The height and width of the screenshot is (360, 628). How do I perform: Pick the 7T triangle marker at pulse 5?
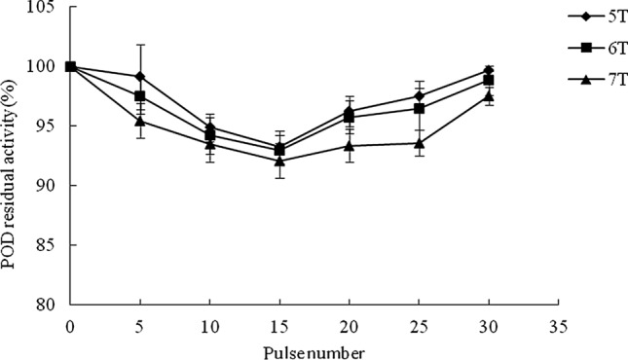point(140,121)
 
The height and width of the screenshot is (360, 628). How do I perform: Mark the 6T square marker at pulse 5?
point(140,96)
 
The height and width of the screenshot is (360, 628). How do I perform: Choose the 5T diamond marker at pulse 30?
point(488,70)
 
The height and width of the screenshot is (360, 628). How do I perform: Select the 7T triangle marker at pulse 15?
point(279,161)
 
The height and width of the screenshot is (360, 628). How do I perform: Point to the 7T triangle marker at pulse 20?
point(349,145)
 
